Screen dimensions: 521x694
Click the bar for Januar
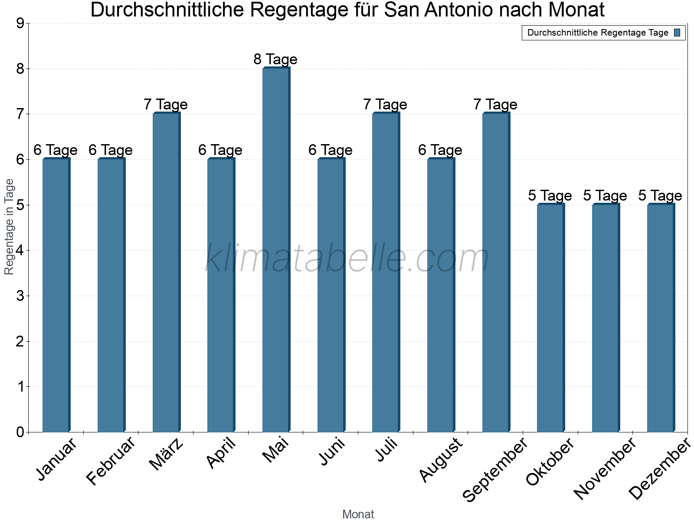pyautogui.click(x=56, y=295)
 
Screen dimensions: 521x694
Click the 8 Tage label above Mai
pyautogui.click(x=275, y=59)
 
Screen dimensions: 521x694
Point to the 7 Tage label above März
pyautogui.click(x=166, y=105)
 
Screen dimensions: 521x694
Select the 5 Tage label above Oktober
pyautogui.click(x=550, y=196)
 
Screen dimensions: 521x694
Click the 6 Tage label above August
pyautogui.click(x=440, y=150)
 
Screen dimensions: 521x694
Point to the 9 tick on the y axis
pyautogui.click(x=20, y=23)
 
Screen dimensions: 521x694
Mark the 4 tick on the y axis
pyautogui.click(x=20, y=251)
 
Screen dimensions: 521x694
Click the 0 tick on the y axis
pyautogui.click(x=20, y=432)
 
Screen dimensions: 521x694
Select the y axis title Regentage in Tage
pyautogui.click(x=9, y=227)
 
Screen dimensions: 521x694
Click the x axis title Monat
pyautogui.click(x=358, y=514)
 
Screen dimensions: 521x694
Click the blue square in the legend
pyautogui.click(x=678, y=33)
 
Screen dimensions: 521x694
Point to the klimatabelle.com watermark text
pyautogui.click(x=347, y=259)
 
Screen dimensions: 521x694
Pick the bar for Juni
pyautogui.click(x=331, y=295)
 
